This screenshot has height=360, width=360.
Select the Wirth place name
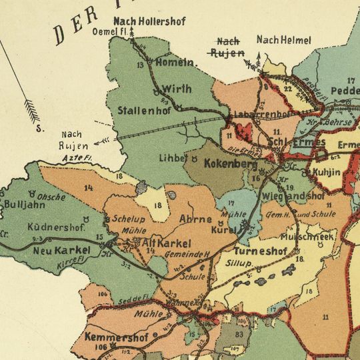tap(175, 89)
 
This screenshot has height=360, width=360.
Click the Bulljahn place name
tap(25, 205)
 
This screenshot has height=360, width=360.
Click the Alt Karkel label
tap(164, 243)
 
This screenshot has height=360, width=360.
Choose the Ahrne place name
tap(196, 219)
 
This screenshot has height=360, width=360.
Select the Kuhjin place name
tap(326, 173)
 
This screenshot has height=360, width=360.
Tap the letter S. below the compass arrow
tap(39, 130)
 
